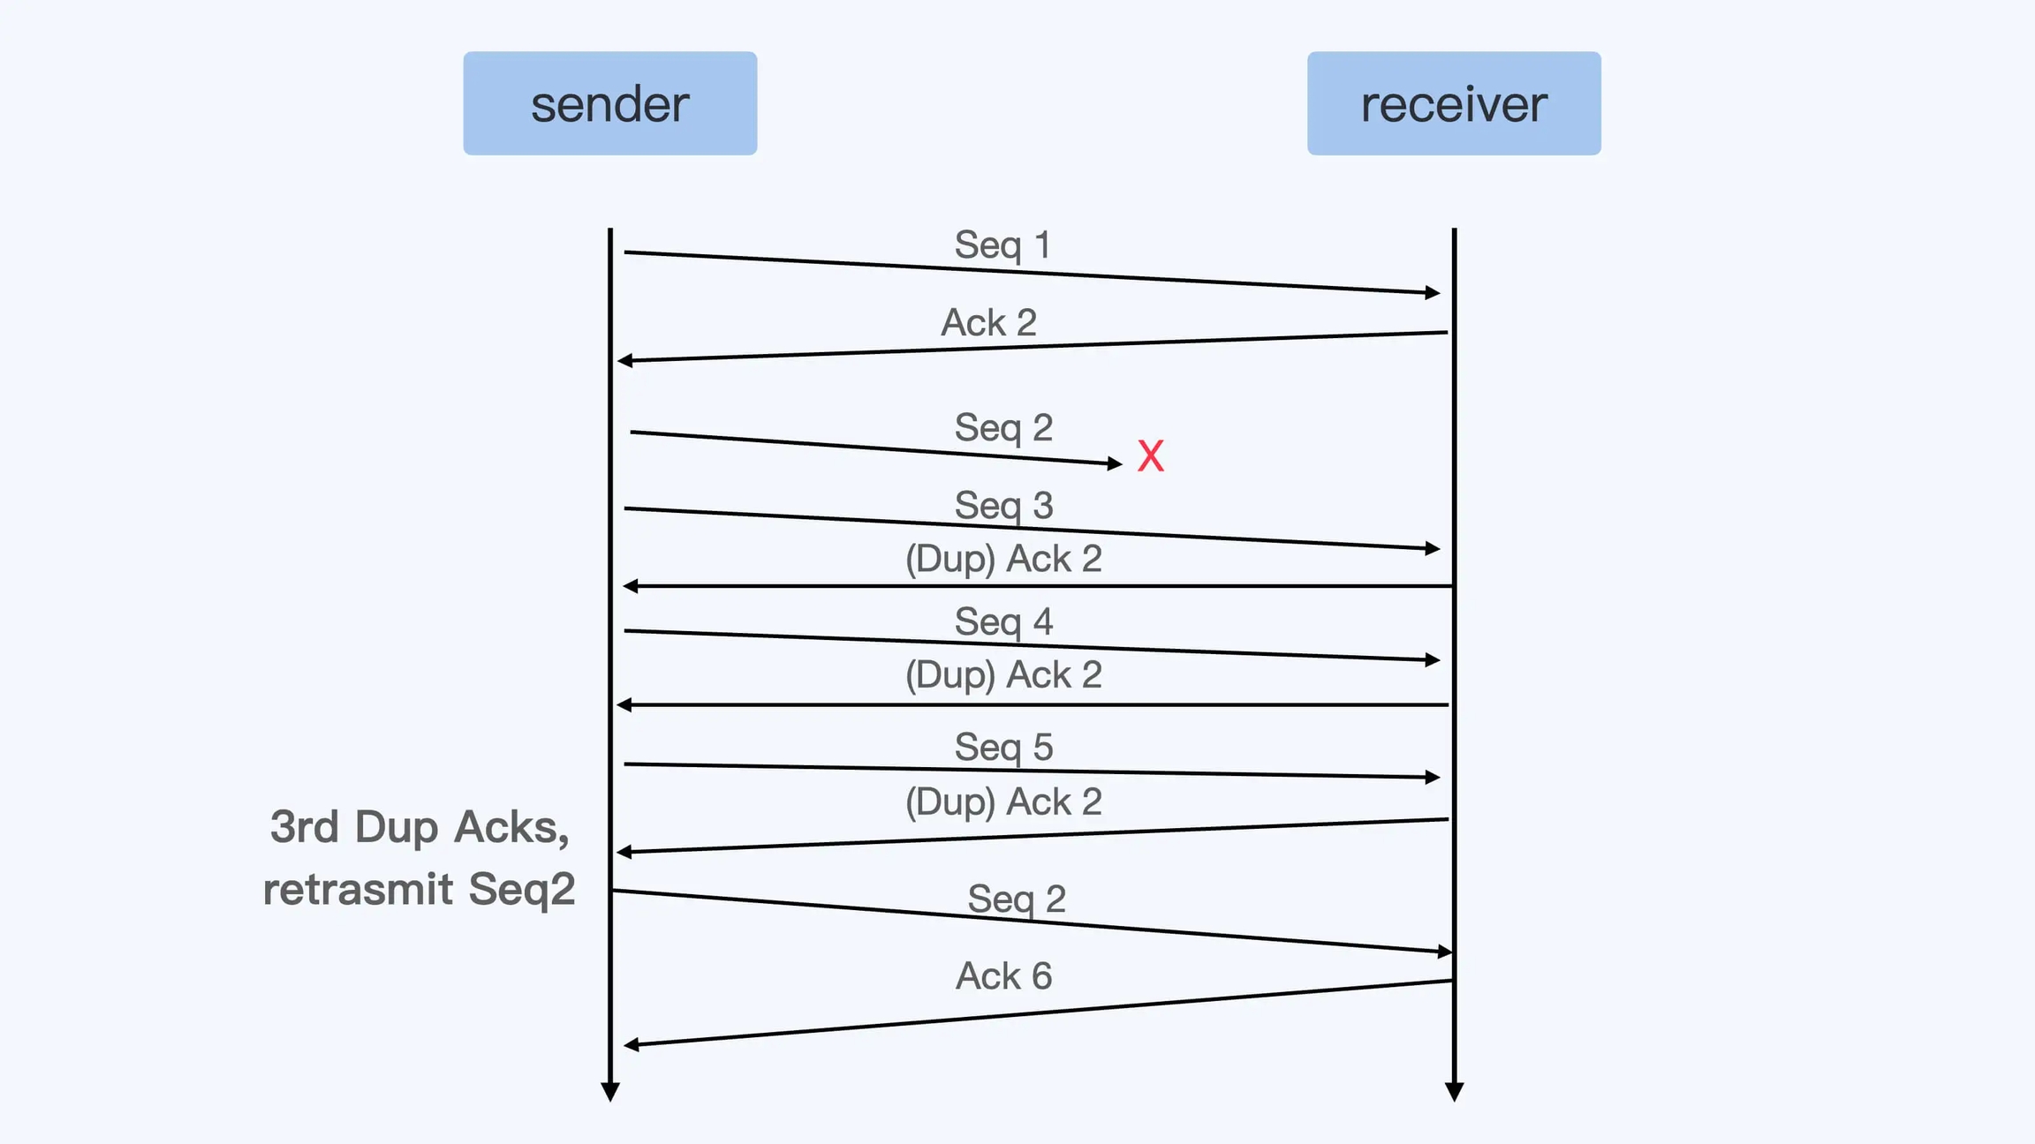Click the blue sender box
[609, 103]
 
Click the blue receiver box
[1453, 103]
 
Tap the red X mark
[1150, 456]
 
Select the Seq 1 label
[1002, 245]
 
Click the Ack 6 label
[1003, 976]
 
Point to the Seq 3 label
[1003, 506]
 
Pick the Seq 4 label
[1003, 621]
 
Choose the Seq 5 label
[1003, 747]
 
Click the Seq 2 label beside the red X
[1003, 428]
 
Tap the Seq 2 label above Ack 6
[1017, 899]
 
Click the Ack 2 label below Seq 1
[988, 322]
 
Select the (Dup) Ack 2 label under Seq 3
[1003, 559]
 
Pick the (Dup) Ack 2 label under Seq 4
[1003, 675]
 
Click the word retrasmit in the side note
[358, 889]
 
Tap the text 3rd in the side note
[305, 827]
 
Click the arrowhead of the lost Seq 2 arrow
[1116, 463]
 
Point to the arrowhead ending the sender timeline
[609, 1092]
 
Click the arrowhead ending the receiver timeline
[1454, 1092]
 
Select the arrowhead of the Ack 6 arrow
[631, 1045]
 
